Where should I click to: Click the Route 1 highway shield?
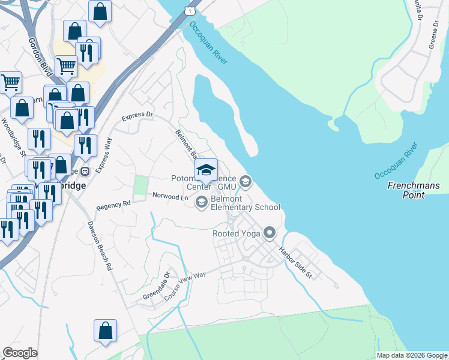pyautogui.click(x=190, y=11)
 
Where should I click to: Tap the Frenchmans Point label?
pyautogui.click(x=414, y=190)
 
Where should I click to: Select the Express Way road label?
pyautogui.click(x=104, y=155)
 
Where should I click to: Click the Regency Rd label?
pyautogui.click(x=113, y=205)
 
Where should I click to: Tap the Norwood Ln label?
pyautogui.click(x=170, y=196)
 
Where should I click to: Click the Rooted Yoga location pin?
pyautogui.click(x=270, y=233)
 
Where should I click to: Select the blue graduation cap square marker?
pyautogui.click(x=206, y=170)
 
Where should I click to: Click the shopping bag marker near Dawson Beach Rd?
pyautogui.click(x=105, y=331)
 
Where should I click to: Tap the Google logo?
pyautogui.click(x=20, y=353)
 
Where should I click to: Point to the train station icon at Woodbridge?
pyautogui.click(x=85, y=171)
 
